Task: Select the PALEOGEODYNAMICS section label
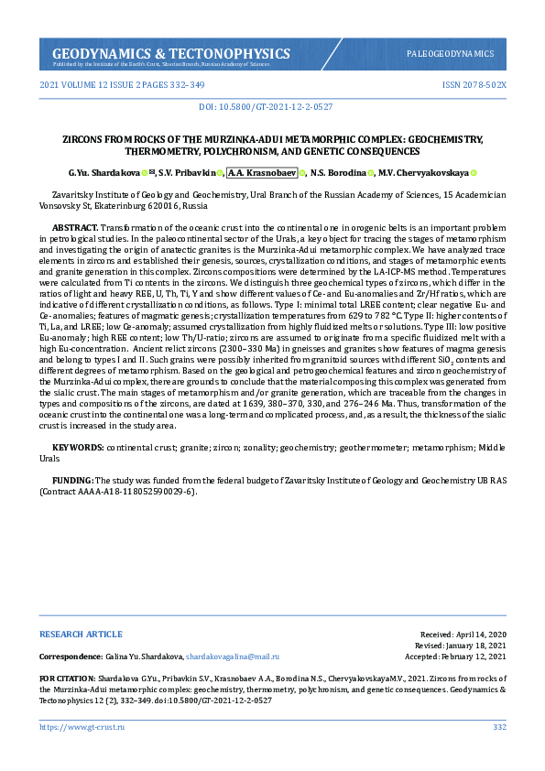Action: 450,54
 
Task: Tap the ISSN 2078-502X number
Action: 474,84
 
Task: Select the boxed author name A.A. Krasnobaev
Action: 261,172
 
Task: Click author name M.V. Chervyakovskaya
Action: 423,172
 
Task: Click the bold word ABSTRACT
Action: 75,226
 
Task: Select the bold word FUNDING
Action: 73,480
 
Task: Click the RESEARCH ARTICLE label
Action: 81,634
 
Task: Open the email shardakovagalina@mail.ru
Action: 233,657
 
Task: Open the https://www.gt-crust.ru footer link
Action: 82,727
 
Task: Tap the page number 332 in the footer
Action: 499,727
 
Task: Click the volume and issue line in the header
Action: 122,84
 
